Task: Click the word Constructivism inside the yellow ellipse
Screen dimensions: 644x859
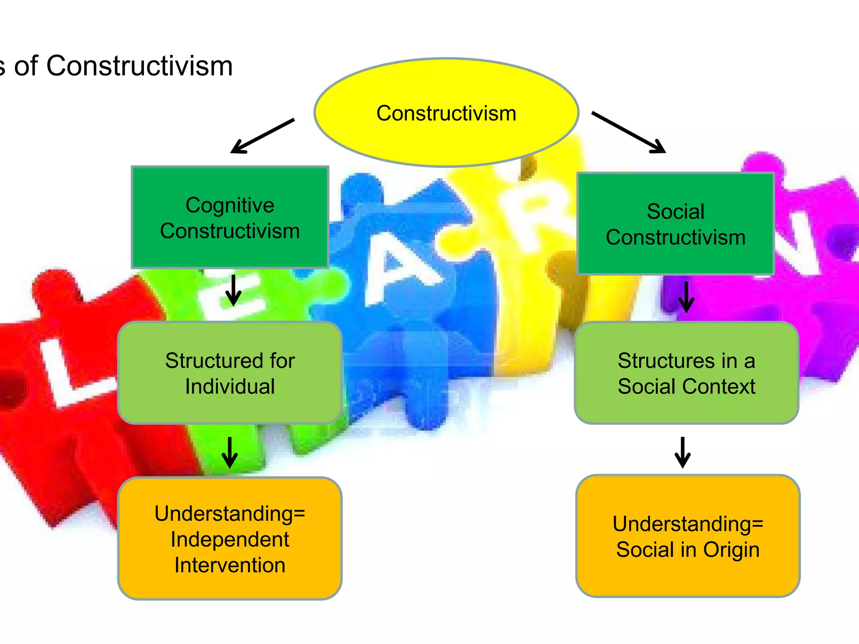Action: [x=446, y=114]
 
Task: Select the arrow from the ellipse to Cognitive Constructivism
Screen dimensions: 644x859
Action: [x=262, y=136]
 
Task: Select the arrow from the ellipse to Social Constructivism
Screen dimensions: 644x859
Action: [x=628, y=132]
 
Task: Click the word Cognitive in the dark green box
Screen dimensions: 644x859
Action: [x=230, y=205]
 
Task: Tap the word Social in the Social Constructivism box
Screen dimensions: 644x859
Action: [x=675, y=211]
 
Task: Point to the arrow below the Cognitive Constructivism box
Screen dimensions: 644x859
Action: [x=233, y=290]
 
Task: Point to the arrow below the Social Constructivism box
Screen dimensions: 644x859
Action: [x=686, y=297]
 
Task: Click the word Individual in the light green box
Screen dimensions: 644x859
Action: [x=230, y=387]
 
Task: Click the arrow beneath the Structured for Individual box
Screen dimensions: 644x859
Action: [x=229, y=452]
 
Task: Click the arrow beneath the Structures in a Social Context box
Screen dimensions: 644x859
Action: [x=682, y=452]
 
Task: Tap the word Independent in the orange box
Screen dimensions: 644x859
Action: [x=230, y=540]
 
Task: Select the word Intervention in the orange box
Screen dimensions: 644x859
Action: [x=230, y=565]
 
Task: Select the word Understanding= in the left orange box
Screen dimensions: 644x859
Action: [x=230, y=514]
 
